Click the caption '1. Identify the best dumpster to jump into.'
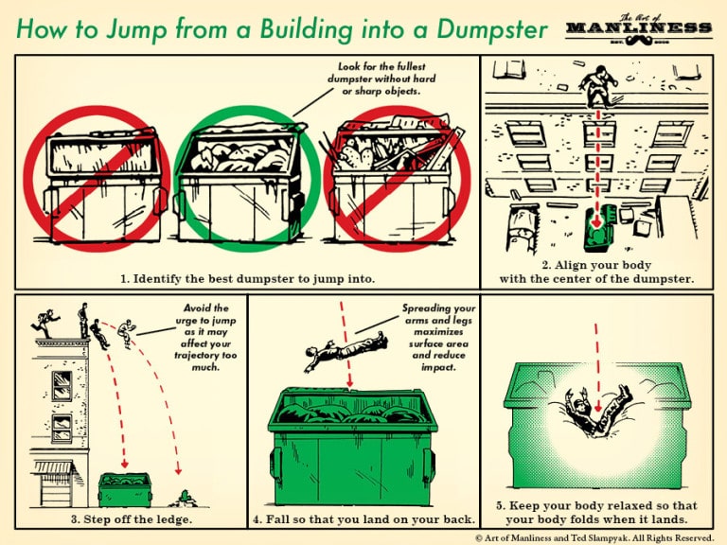pos(248,278)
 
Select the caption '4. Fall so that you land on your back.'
pos(363,519)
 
